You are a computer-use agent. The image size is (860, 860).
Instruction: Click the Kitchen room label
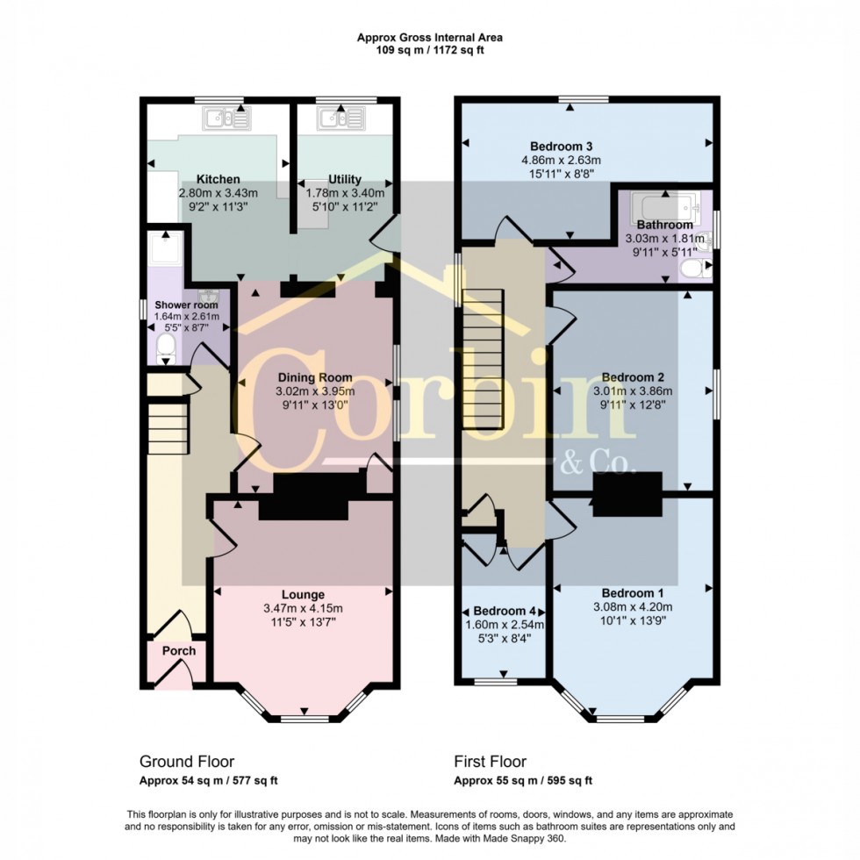tap(219, 179)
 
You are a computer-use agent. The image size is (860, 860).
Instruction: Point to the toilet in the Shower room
tap(165, 350)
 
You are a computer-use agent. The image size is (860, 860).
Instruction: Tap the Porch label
tap(178, 651)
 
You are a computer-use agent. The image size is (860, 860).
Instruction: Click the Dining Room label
tap(314, 377)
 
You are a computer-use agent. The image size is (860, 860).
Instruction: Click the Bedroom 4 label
tap(505, 611)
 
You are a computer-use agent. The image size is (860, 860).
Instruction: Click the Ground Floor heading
tap(187, 762)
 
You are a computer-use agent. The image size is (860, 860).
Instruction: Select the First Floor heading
tap(490, 762)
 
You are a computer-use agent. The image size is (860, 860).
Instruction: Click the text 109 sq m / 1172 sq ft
tap(429, 50)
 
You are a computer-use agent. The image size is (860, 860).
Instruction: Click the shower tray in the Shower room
tap(161, 251)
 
